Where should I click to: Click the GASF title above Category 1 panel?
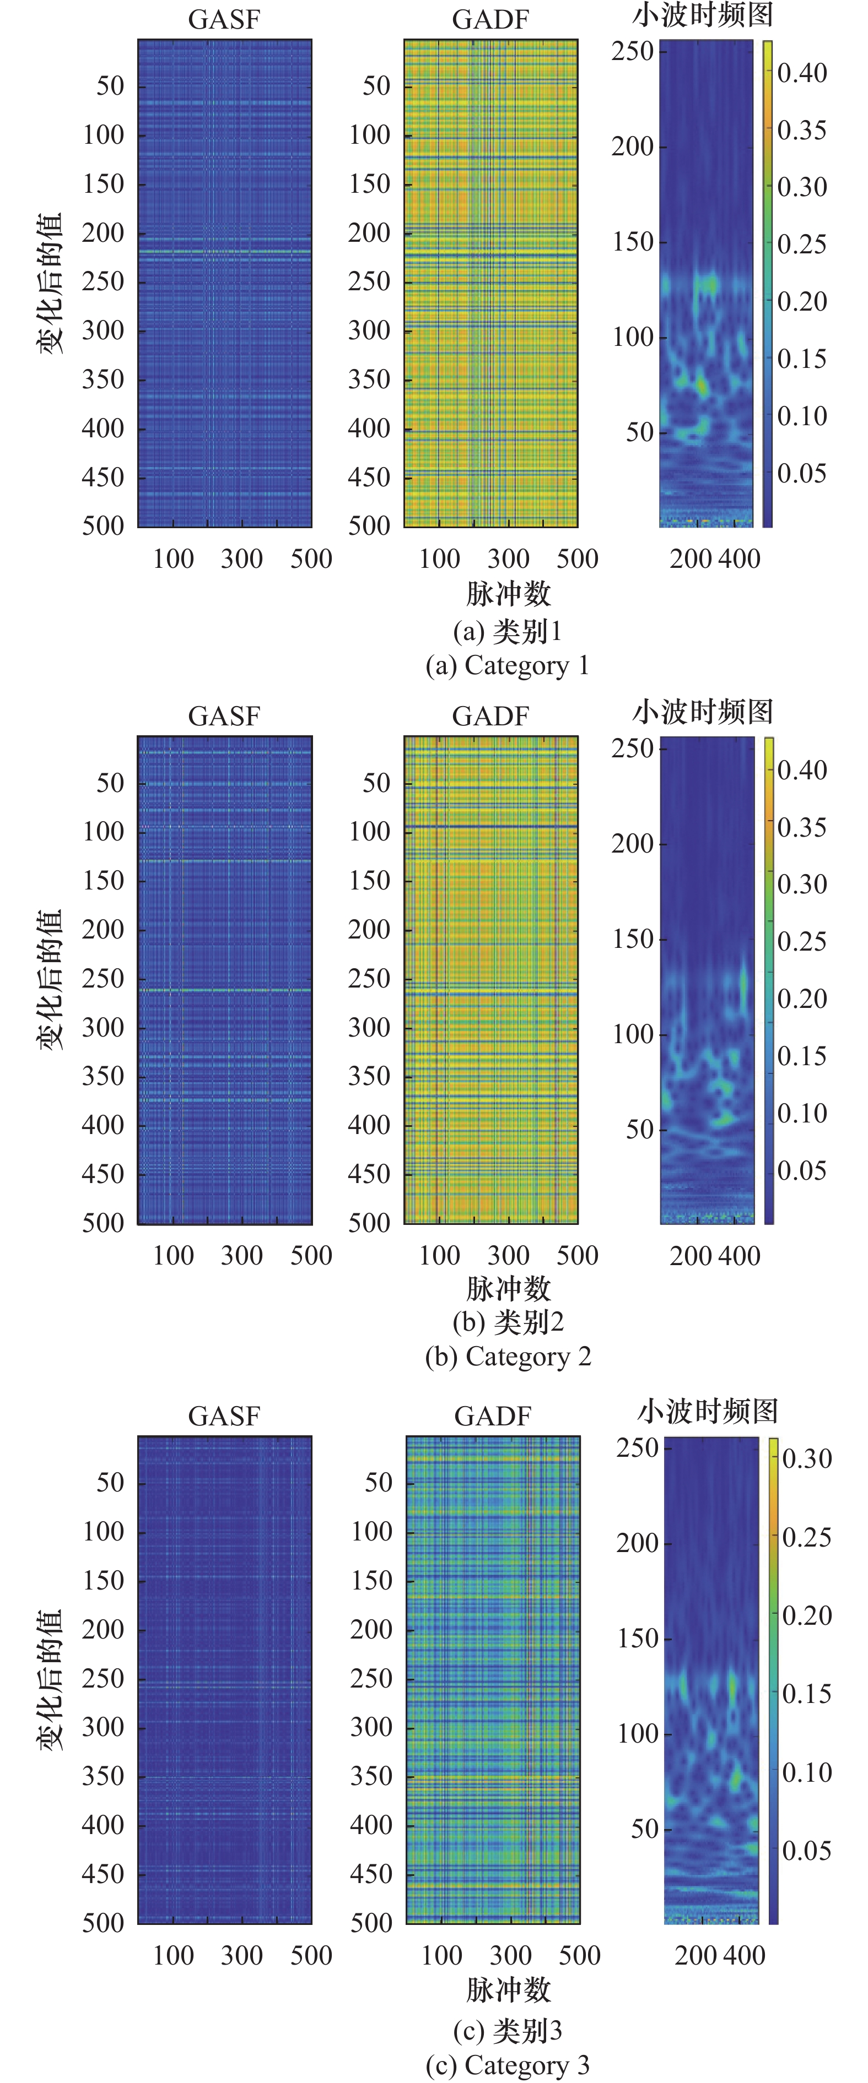(x=224, y=19)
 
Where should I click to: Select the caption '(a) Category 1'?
(x=507, y=665)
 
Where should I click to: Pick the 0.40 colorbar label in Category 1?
(x=802, y=73)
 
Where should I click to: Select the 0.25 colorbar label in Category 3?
(x=806, y=1537)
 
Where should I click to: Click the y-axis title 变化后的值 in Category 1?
(x=50, y=283)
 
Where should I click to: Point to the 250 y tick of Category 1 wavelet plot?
(x=633, y=51)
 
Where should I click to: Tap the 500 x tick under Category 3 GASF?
(x=311, y=1955)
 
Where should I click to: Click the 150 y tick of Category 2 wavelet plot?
(x=633, y=939)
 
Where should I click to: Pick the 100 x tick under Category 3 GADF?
(x=441, y=1955)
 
